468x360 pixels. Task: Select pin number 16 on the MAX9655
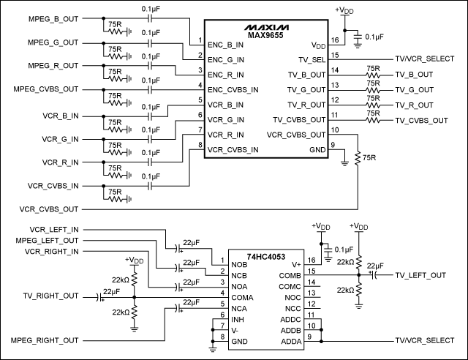(334, 40)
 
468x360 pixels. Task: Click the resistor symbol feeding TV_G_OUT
(374, 90)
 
